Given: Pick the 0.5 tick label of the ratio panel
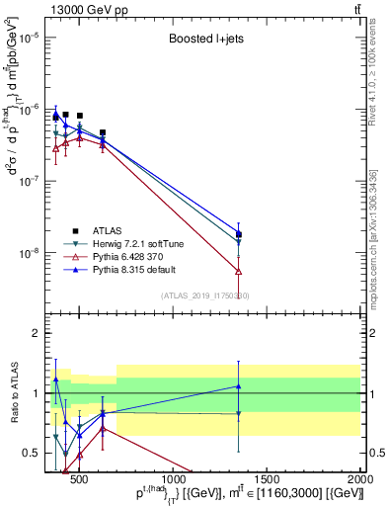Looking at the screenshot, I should coord(32,454).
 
